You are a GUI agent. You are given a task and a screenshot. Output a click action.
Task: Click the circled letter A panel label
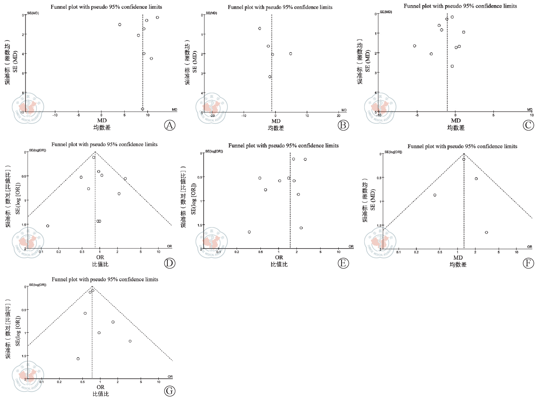(170, 125)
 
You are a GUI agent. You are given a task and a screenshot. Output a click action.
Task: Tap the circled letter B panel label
(343, 125)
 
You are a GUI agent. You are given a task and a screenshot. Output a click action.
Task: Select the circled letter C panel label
(528, 125)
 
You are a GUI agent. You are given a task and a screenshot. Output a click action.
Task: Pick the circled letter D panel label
(170, 263)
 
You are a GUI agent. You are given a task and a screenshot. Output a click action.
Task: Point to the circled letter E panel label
(343, 263)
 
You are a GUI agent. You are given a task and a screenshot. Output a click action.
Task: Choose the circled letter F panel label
(528, 263)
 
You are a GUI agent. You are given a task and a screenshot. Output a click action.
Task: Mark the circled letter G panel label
(170, 391)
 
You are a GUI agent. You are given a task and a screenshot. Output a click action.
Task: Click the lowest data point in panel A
(142, 109)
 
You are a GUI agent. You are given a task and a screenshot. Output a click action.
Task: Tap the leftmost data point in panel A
(120, 25)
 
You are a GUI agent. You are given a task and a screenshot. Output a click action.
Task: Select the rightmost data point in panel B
(291, 54)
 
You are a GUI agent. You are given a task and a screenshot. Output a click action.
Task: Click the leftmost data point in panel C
(414, 46)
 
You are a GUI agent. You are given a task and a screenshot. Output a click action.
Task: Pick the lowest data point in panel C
(452, 66)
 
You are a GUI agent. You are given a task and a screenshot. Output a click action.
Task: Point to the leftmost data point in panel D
(48, 226)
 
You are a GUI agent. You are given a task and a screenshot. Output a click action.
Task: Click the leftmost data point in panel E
(249, 232)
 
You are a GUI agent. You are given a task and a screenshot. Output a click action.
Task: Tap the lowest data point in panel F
(486, 232)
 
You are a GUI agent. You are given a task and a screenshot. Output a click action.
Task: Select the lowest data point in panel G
(78, 359)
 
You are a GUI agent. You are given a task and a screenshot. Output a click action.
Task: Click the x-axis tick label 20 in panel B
(339, 116)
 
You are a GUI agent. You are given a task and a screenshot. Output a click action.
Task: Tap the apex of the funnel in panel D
(95, 152)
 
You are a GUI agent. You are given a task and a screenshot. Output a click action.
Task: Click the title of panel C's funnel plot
(460, 6)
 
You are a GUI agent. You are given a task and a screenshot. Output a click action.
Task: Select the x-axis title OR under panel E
(279, 257)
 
